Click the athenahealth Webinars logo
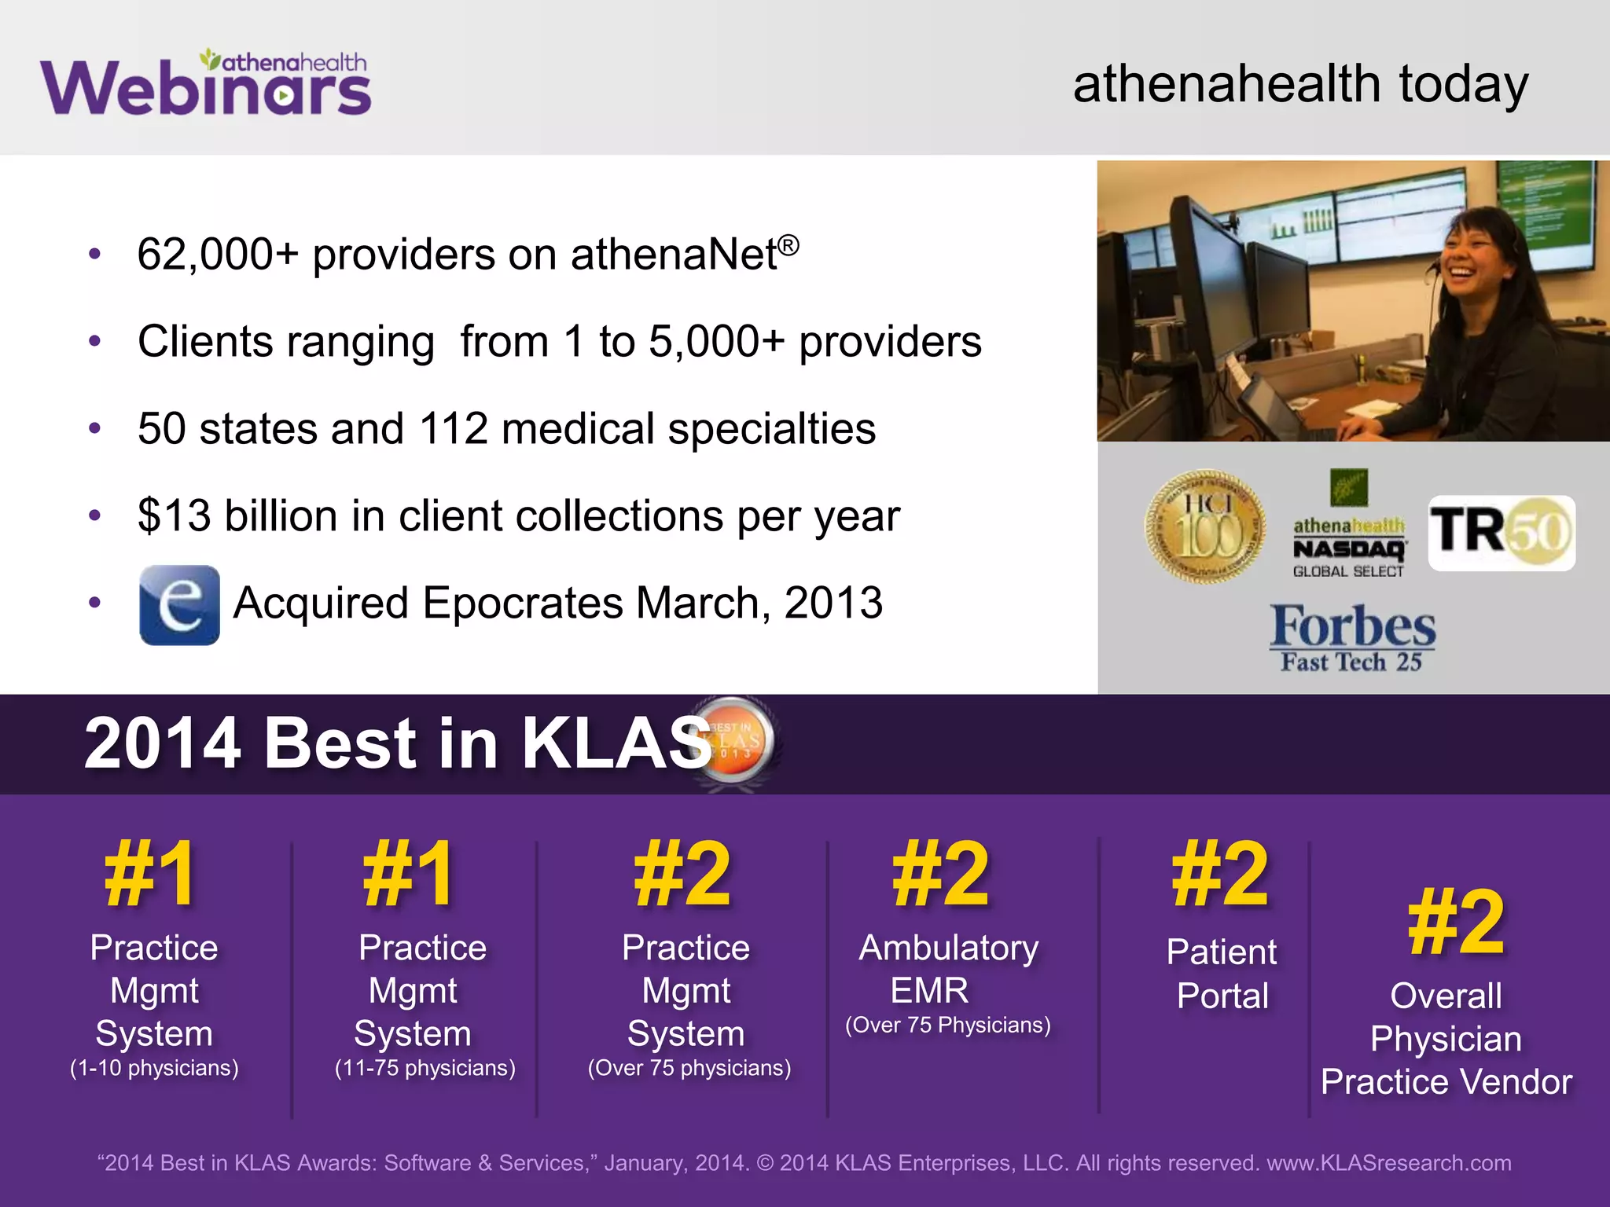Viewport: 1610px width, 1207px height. point(206,83)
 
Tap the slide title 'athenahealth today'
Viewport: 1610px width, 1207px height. point(1300,84)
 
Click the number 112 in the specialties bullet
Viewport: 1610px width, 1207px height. point(454,429)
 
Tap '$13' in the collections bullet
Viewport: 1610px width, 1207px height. point(175,516)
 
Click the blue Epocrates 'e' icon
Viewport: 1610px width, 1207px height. point(179,605)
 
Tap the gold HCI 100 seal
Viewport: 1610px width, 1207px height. point(1205,526)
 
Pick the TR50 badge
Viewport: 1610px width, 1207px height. point(1502,533)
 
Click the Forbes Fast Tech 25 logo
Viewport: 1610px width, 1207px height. point(1353,637)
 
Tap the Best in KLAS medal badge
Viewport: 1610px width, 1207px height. point(735,742)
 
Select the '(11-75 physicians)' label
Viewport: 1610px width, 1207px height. point(425,1068)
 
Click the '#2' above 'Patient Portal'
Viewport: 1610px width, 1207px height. point(1220,874)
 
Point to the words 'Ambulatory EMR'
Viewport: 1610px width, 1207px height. point(947,969)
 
